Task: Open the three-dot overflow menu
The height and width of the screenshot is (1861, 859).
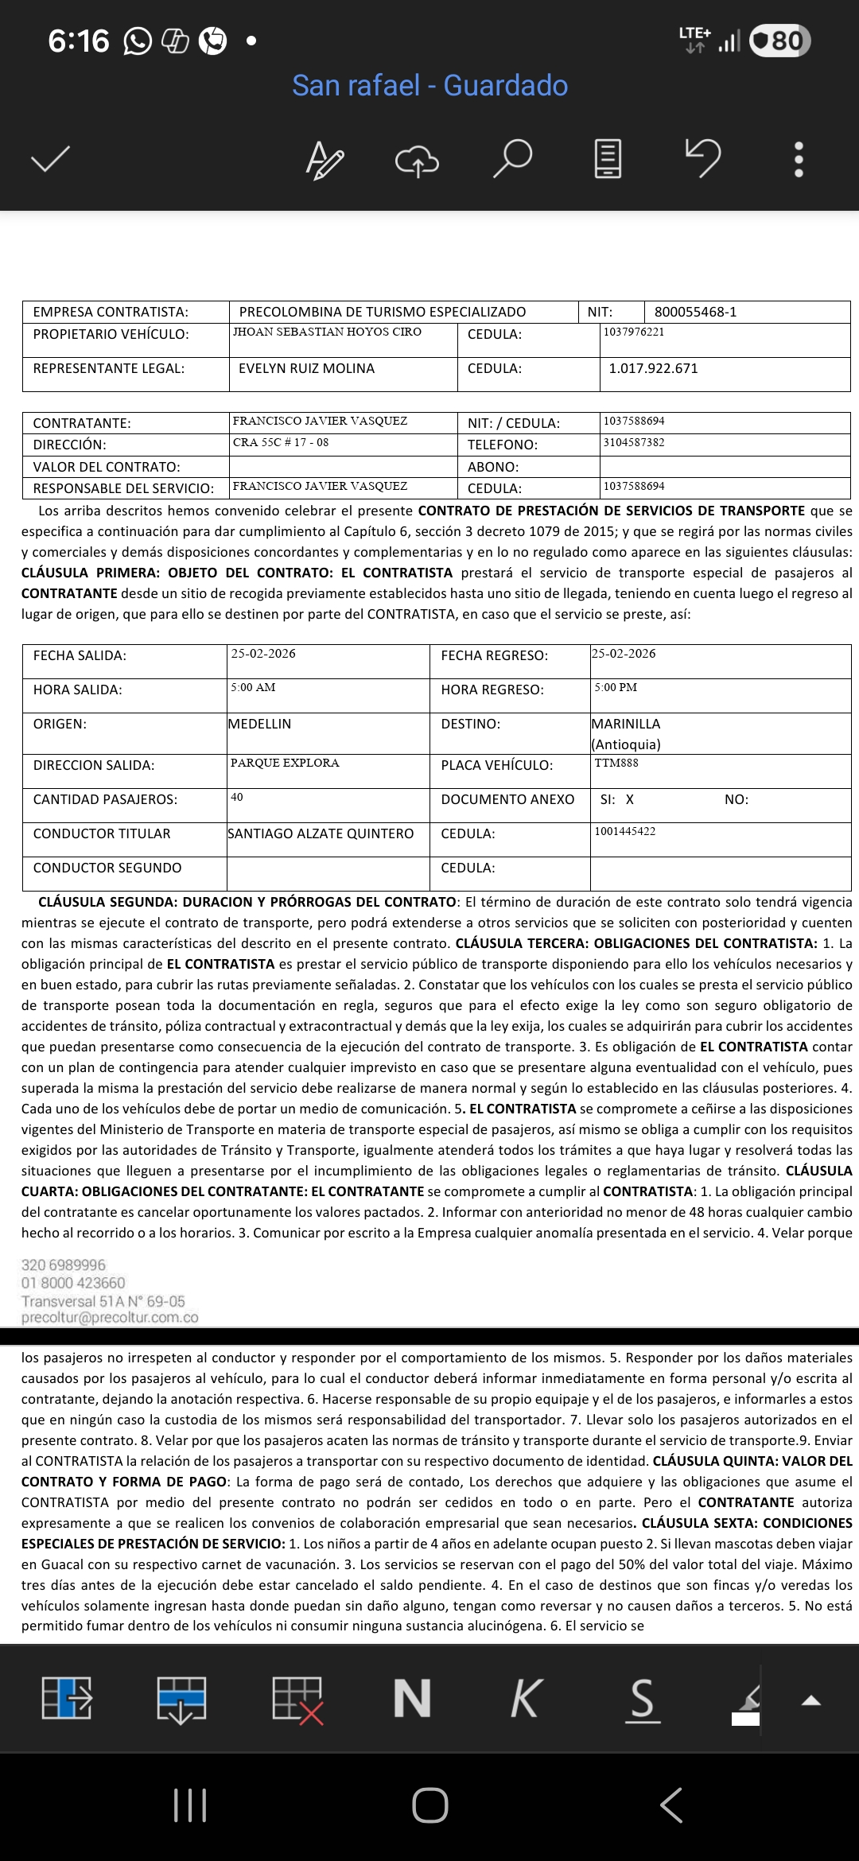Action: tap(799, 159)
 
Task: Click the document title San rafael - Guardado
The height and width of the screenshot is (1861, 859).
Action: tap(429, 85)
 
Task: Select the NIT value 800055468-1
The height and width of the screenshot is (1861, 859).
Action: tap(695, 312)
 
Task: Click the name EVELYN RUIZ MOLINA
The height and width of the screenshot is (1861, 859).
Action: tap(306, 368)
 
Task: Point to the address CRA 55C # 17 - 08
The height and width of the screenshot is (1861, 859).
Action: tap(281, 442)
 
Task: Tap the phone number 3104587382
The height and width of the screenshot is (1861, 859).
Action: tap(634, 442)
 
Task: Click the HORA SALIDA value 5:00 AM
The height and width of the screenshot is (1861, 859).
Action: tap(253, 687)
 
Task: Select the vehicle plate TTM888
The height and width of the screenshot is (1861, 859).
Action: tap(616, 763)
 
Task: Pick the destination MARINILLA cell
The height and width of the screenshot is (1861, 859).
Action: tap(626, 724)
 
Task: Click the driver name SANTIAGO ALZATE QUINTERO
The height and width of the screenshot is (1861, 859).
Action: tap(321, 833)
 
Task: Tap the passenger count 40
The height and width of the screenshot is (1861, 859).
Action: tap(237, 797)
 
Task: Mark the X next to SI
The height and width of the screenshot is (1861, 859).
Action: tap(630, 799)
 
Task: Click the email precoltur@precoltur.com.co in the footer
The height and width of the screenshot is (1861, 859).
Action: tap(110, 1317)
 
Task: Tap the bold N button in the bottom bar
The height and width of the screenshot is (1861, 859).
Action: tap(412, 1699)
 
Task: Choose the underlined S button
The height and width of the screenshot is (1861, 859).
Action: tap(642, 1699)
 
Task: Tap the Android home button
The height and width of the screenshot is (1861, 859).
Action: tap(429, 1805)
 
